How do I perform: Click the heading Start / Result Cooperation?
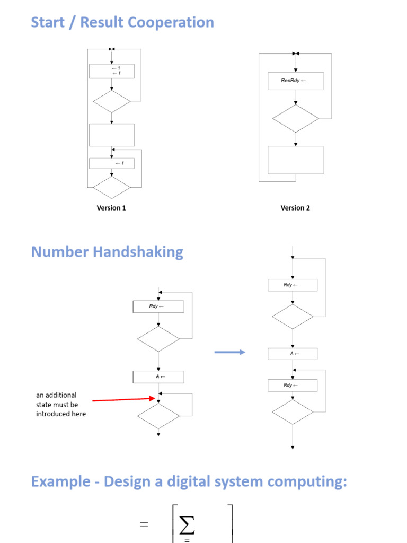(122, 22)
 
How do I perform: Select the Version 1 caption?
(111, 208)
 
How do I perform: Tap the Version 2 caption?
(295, 208)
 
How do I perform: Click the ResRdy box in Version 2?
(295, 81)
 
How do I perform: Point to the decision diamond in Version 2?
(296, 118)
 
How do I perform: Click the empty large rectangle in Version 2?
(296, 160)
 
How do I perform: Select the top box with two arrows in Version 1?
(111, 71)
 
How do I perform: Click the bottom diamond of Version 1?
(111, 187)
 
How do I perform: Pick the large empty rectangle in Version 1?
(111, 135)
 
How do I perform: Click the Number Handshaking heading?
(107, 251)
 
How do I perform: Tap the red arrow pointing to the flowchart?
(125, 399)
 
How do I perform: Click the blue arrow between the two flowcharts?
(230, 352)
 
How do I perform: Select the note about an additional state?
(61, 405)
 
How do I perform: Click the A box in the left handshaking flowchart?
(158, 377)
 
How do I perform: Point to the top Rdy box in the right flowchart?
(292, 285)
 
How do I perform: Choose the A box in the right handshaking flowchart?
(292, 354)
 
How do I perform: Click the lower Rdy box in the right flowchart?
(292, 386)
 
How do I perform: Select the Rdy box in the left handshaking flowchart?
(158, 306)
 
